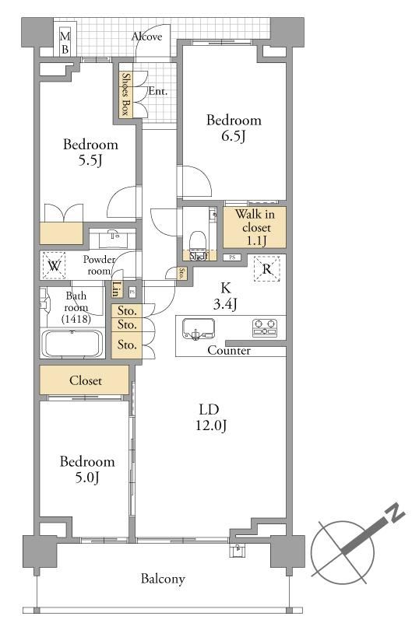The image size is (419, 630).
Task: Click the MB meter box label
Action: (x=65, y=43)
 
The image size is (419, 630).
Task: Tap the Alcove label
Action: (x=147, y=37)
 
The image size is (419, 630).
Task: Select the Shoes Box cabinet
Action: (x=125, y=94)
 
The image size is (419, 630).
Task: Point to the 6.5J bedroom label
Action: (x=234, y=128)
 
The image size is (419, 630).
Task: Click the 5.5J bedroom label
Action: (x=90, y=152)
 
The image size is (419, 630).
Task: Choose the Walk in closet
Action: (x=255, y=227)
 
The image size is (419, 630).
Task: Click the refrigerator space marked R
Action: (x=267, y=268)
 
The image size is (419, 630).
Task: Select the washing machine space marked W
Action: (x=55, y=265)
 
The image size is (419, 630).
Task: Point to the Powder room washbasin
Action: (x=113, y=238)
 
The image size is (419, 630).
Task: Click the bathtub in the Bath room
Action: (x=72, y=344)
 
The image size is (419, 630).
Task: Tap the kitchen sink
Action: (x=198, y=328)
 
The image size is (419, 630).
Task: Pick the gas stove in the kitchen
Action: (x=265, y=327)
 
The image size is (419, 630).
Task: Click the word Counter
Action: (x=229, y=350)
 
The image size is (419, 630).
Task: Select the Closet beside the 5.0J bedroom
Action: (x=84, y=380)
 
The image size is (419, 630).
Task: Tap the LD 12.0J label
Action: (x=210, y=417)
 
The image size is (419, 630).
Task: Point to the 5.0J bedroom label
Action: (x=87, y=469)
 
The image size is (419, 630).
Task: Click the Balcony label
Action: (x=163, y=579)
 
